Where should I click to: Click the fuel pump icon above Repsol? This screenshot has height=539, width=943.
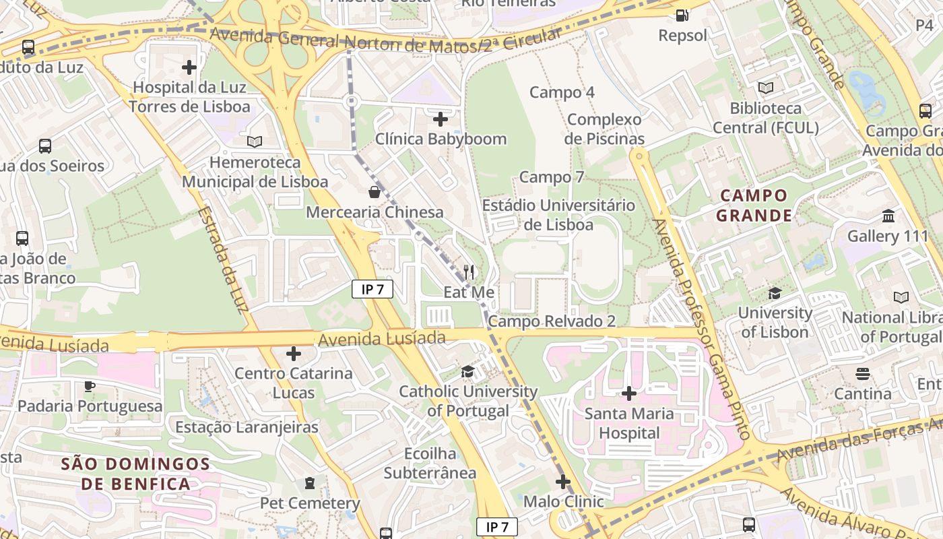pos(682,15)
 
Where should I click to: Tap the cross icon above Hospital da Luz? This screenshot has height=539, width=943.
pos(189,67)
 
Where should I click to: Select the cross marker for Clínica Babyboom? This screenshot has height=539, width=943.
pos(441,119)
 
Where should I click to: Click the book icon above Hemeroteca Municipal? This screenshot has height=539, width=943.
pos(255,141)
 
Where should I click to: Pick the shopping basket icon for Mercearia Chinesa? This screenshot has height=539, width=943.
pos(375,192)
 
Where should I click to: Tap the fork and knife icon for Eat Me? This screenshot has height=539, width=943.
pos(469,272)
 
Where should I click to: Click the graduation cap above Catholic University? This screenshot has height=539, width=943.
pos(467,371)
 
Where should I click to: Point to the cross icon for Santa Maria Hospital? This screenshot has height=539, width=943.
pos(629,393)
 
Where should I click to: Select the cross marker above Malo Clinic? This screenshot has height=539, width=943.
pos(563,482)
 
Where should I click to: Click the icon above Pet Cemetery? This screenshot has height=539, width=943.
pos(310,483)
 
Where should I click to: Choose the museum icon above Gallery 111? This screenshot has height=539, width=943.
pos(888,216)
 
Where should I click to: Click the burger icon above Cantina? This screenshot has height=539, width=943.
pos(863,373)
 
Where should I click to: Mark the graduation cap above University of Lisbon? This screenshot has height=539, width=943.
pos(775,293)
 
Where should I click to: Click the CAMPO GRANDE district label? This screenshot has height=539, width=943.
pos(753,205)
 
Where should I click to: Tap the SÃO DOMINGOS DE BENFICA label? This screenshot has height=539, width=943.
pos(136,474)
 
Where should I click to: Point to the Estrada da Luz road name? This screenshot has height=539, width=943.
pos(223,259)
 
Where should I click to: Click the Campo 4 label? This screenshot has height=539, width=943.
pos(562,92)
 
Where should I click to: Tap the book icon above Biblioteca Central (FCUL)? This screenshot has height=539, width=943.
pos(766,88)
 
